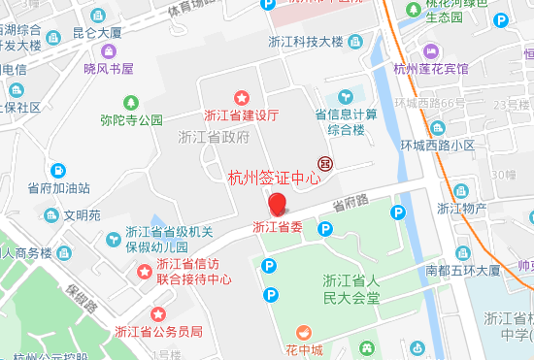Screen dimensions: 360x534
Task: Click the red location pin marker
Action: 278,204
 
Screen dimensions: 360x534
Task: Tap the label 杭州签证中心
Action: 274,178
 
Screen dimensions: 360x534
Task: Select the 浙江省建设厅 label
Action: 242,115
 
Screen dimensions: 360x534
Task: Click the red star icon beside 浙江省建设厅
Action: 242,96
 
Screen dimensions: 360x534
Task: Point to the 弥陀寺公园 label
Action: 131,120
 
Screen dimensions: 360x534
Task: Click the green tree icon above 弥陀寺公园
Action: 131,102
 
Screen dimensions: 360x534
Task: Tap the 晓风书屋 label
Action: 108,68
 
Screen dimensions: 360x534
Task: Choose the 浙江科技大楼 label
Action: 306,41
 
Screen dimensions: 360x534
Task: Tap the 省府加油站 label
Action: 58,187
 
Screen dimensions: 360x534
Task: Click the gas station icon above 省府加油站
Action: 58,169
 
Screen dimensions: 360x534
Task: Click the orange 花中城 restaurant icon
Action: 305,332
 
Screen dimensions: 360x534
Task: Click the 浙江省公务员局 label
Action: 158,331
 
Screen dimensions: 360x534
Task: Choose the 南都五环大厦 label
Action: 462,270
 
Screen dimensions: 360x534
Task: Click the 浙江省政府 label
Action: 215,137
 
